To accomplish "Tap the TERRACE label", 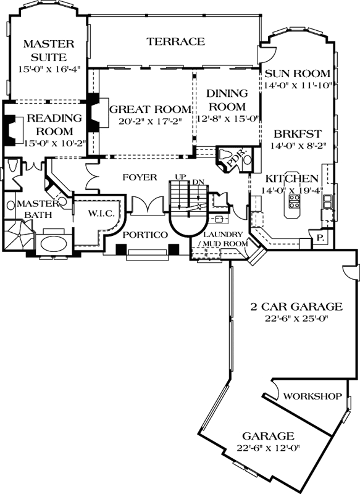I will tap(175, 42).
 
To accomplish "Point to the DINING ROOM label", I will tap(227, 99).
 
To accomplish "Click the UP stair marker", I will tap(180, 177).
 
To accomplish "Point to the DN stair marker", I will tap(197, 181).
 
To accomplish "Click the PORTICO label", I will tap(146, 235).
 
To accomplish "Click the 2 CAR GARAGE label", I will tap(296, 306).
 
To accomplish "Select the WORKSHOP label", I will tap(313, 396).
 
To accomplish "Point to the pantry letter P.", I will tap(320, 238).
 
